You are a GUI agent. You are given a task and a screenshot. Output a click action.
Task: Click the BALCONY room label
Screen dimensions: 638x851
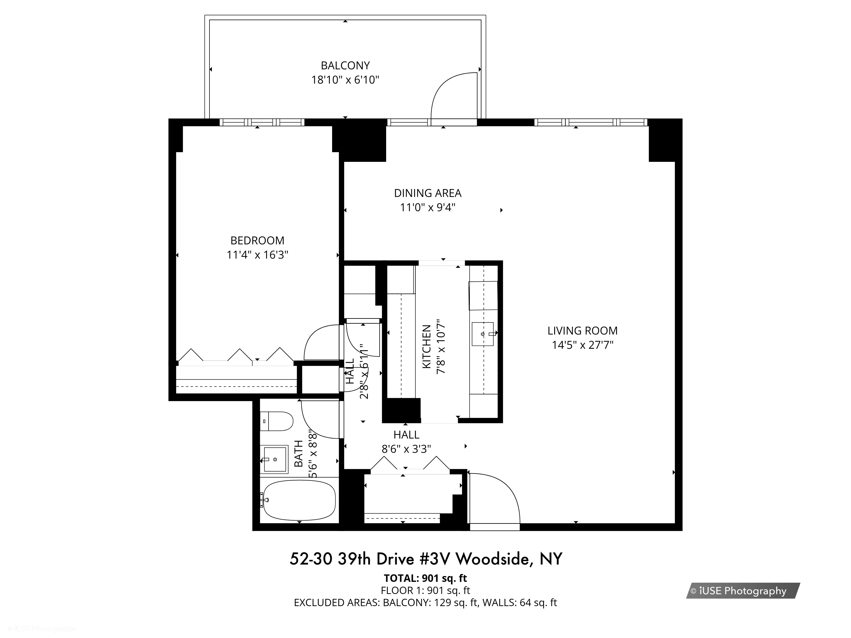pyautogui.click(x=345, y=65)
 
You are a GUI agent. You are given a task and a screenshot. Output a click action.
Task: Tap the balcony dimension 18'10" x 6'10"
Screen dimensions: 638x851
pyautogui.click(x=345, y=80)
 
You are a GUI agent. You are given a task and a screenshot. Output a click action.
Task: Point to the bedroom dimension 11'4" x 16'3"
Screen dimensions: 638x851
pyautogui.click(x=257, y=255)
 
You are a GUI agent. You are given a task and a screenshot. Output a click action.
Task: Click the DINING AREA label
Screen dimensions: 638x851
pyautogui.click(x=427, y=193)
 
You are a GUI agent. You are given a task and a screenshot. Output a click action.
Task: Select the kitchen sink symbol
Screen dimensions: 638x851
pyautogui.click(x=483, y=334)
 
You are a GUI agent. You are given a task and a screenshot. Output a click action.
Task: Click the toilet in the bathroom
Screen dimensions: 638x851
pyautogui.click(x=277, y=421)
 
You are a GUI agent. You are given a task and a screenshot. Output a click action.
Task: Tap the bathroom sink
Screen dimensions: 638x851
pyautogui.click(x=274, y=459)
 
